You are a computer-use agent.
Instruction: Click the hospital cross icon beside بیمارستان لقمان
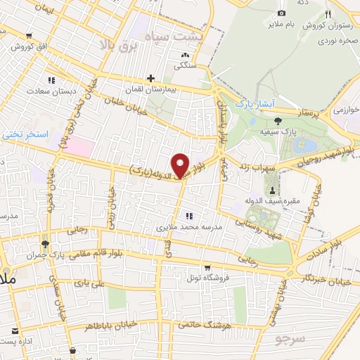(x=150, y=78)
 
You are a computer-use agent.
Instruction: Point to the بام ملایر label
(x=281, y=25)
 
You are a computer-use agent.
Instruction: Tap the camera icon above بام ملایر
(x=281, y=13)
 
